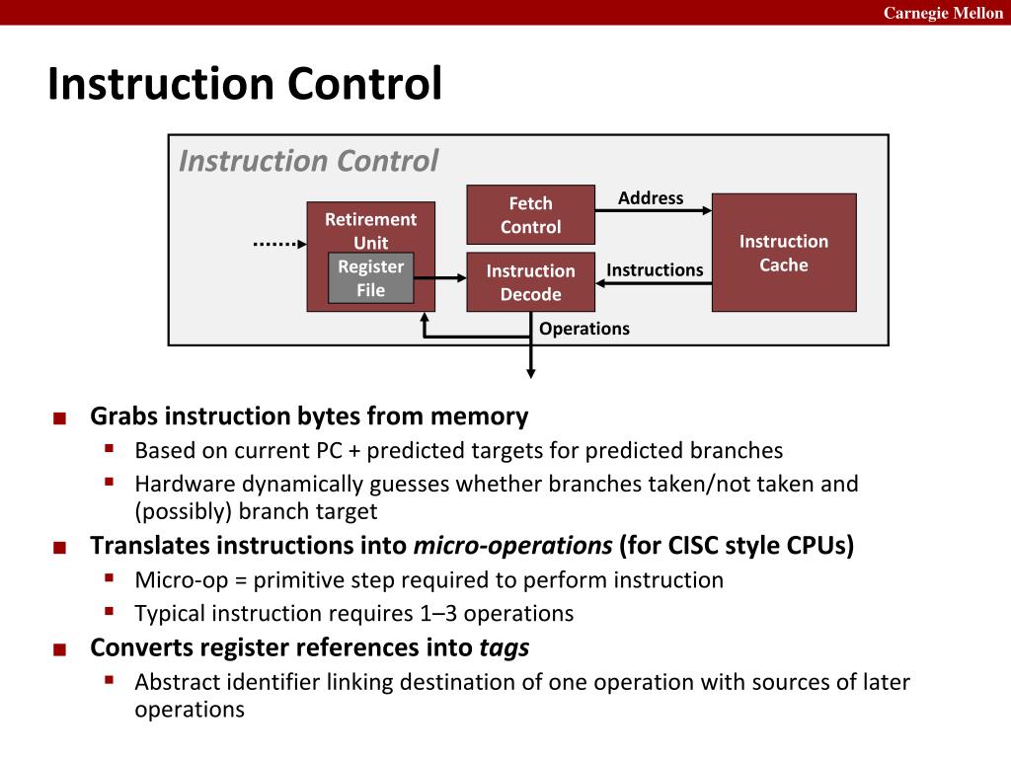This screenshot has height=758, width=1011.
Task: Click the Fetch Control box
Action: click(530, 214)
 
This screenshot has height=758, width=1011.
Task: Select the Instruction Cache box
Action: click(784, 253)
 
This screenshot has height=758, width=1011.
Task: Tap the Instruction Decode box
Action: click(530, 282)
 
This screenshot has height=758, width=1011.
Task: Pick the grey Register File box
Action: click(370, 278)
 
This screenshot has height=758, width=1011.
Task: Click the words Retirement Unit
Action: click(370, 230)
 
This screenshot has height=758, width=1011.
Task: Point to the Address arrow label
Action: click(651, 198)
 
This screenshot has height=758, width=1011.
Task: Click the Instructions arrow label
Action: click(655, 270)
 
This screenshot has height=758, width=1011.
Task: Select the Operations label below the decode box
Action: click(584, 329)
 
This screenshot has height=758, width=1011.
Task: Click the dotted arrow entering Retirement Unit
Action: click(274, 243)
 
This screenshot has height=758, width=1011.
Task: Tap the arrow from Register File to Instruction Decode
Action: click(439, 278)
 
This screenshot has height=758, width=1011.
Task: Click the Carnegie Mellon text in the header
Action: click(943, 13)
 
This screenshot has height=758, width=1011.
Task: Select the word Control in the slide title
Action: click(364, 84)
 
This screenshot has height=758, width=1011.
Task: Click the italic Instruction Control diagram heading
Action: click(308, 161)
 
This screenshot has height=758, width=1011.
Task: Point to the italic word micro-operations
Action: click(513, 546)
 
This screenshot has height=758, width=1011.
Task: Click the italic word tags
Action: click(505, 647)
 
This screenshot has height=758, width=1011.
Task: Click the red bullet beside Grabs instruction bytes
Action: click(60, 418)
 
